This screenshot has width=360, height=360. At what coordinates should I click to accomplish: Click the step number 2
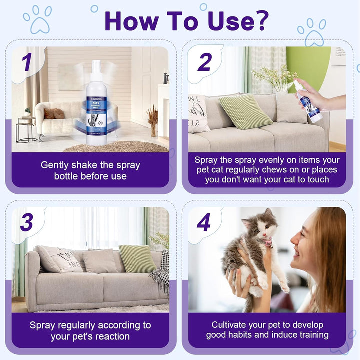coord(204,62)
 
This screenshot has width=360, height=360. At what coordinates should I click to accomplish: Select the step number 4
coord(204,223)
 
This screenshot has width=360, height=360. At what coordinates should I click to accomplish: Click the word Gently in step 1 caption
coord(58,165)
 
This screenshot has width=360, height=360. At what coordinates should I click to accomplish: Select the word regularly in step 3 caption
coord(80,325)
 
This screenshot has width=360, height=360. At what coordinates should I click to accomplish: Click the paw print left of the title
coord(37,19)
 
